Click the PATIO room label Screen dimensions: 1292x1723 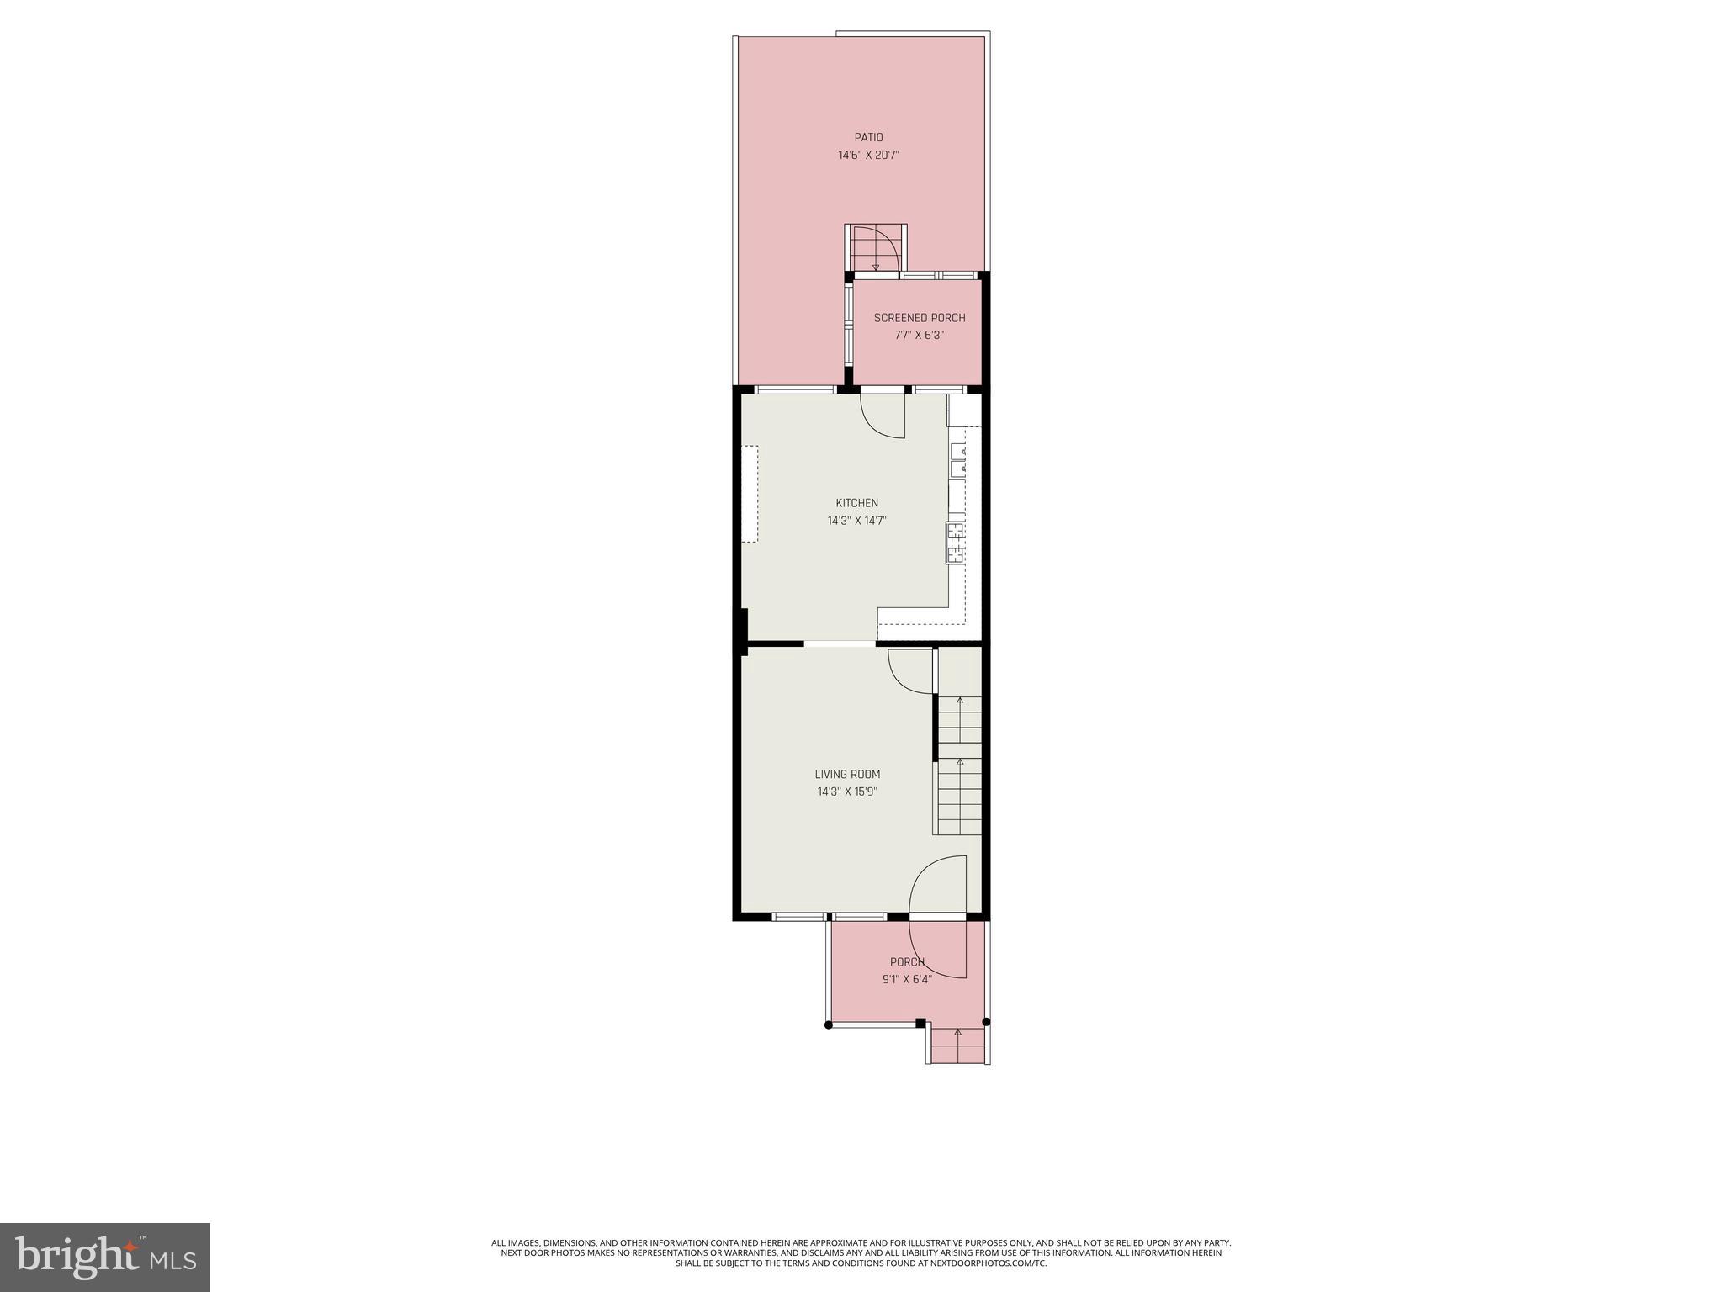pos(868,137)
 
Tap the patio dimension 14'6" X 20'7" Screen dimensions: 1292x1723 pos(868,156)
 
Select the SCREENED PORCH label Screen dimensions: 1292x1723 pos(919,318)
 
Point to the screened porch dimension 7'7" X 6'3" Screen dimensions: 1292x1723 pos(919,335)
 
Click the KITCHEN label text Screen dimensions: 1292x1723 pos(856,503)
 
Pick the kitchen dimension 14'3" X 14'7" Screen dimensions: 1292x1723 pos(856,521)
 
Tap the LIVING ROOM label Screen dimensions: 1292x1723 pos(847,775)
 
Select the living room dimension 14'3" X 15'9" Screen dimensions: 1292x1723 pos(847,792)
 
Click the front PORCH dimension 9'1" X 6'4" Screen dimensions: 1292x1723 pos(907,979)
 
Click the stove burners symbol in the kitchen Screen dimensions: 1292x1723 pos(955,543)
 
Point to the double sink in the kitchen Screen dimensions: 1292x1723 pos(957,460)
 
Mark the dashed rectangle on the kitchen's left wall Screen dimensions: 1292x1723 pos(750,494)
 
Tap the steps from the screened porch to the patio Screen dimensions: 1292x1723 pos(875,249)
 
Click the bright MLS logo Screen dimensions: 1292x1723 pos(104,1257)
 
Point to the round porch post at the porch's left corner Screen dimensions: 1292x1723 pos(829,1025)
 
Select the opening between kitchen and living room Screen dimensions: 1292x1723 pos(840,644)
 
